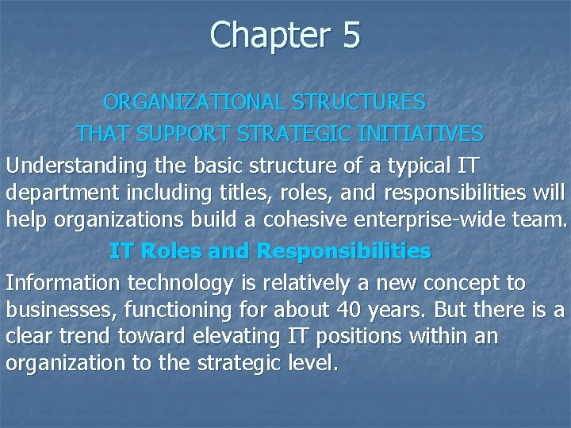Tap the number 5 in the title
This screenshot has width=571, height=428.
tap(351, 36)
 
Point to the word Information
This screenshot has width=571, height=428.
tap(59, 283)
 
